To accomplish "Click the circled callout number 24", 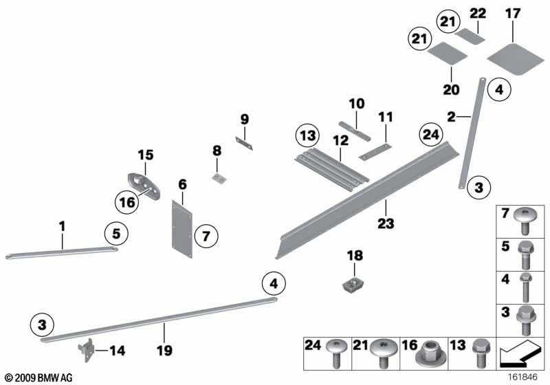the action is click(x=431, y=135).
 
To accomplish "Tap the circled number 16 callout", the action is click(x=126, y=201).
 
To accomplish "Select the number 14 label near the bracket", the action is click(x=118, y=351).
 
